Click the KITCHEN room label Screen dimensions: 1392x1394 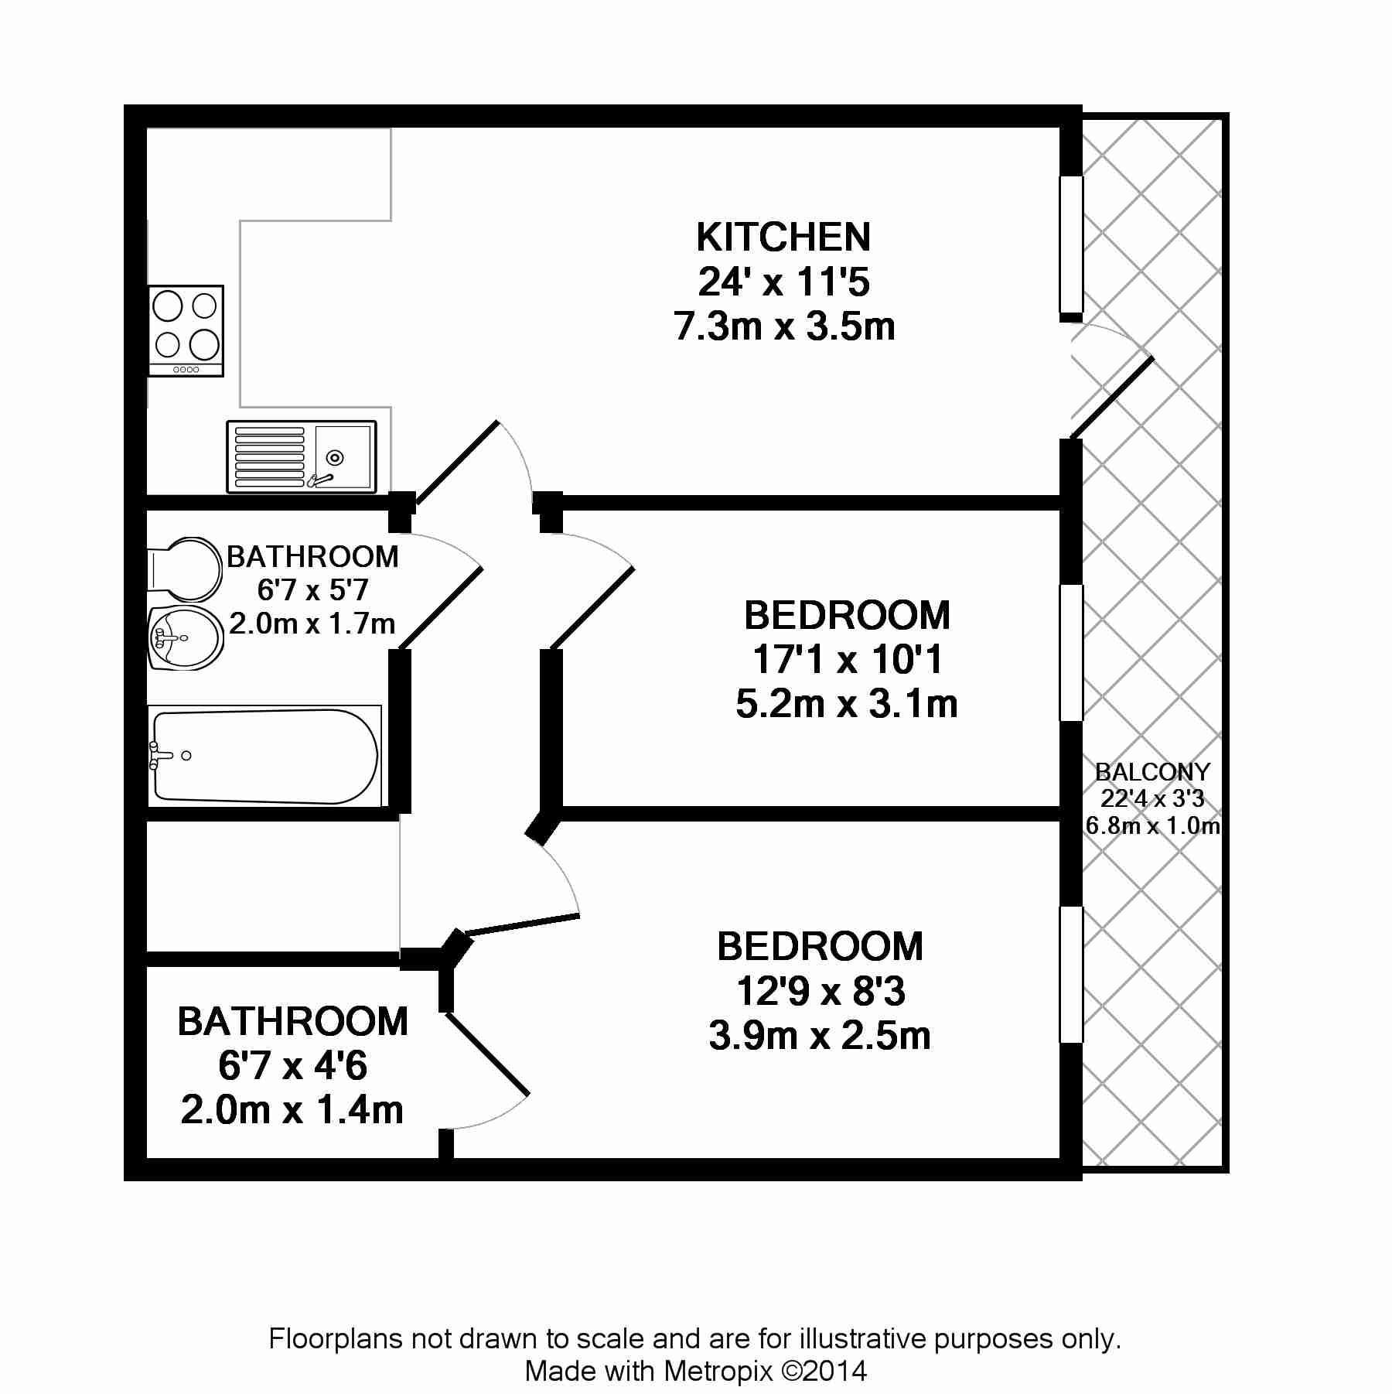(783, 237)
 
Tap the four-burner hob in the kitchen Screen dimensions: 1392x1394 (186, 330)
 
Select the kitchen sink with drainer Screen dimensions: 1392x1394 (302, 456)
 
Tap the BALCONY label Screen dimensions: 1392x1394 (1152, 771)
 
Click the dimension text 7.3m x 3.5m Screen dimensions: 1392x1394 (784, 326)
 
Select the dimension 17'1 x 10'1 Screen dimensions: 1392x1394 (848, 660)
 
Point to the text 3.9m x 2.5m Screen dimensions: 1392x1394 (820, 1035)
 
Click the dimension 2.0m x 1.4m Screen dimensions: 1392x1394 (292, 1110)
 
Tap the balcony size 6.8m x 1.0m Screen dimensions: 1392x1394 (1152, 825)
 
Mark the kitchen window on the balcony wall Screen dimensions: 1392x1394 (1071, 244)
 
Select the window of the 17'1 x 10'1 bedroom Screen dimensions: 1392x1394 (1071, 653)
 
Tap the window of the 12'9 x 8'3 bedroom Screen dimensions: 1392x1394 (1071, 975)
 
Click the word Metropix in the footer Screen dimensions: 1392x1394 (718, 1372)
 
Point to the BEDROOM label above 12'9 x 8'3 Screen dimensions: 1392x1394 (820, 946)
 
